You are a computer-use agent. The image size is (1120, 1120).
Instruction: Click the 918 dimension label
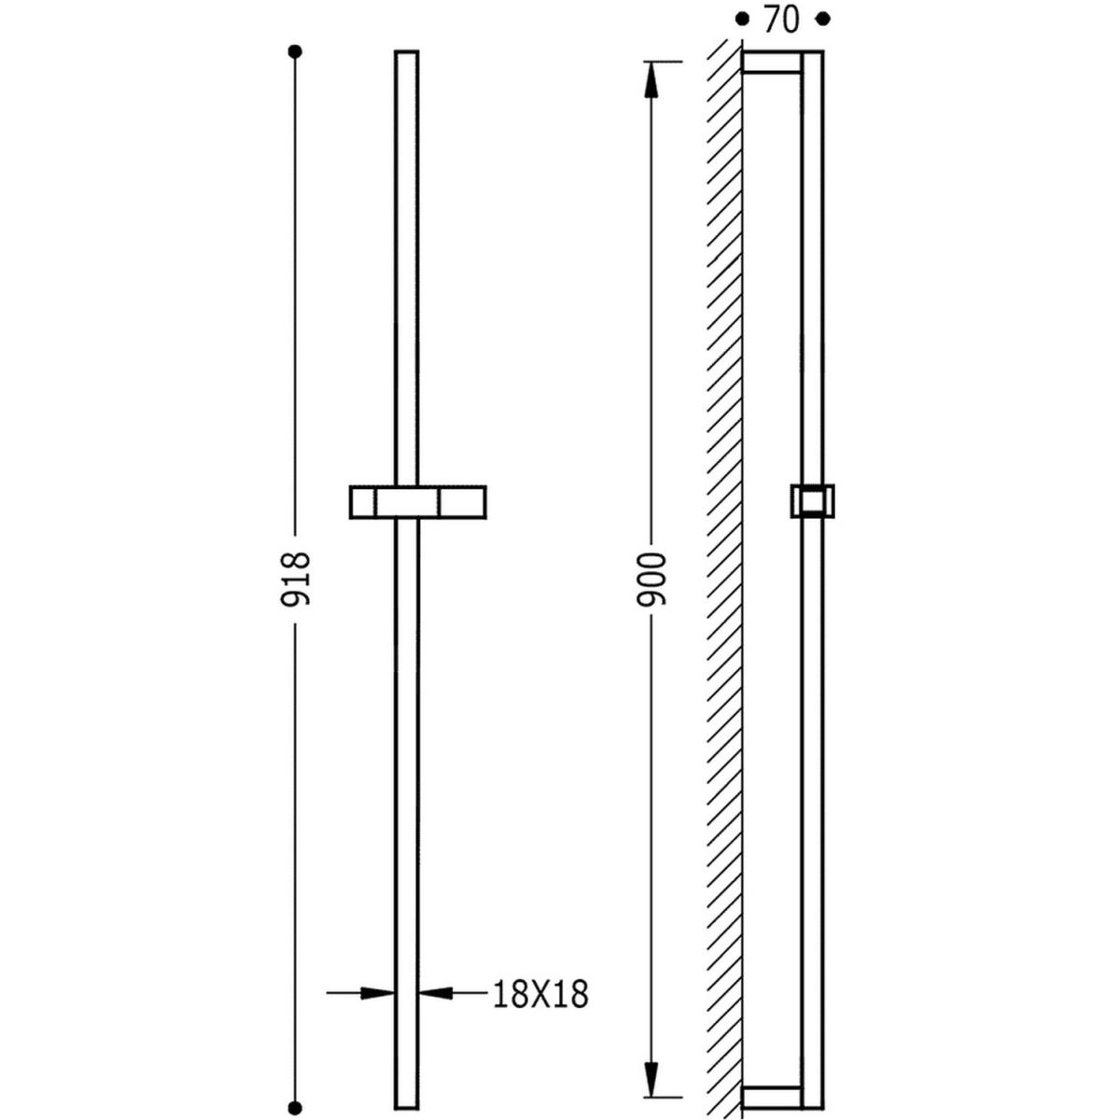click(x=295, y=579)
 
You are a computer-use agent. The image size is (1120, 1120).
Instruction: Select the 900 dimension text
click(x=651, y=581)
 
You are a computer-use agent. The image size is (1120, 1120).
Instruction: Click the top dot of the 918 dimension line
click(x=295, y=51)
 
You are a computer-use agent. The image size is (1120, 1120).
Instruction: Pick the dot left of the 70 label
click(x=741, y=20)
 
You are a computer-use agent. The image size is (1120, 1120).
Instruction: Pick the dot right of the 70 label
click(x=823, y=20)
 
